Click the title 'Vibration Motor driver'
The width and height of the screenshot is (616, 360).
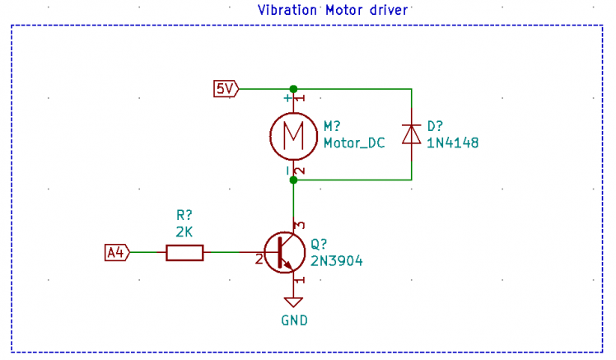click(x=334, y=10)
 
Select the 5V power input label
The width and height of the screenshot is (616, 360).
click(x=226, y=88)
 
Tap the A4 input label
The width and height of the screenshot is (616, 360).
click(x=117, y=252)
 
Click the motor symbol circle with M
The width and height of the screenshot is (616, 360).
click(x=293, y=133)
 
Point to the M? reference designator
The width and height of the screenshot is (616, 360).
click(x=333, y=126)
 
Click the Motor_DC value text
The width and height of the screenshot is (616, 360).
click(x=354, y=143)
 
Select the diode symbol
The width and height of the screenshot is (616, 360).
click(x=411, y=133)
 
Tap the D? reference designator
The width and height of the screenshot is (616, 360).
click(x=435, y=126)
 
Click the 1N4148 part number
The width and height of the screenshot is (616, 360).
click(x=452, y=143)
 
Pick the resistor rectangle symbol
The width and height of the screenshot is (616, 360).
click(x=184, y=252)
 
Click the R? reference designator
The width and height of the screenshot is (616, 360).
click(x=184, y=216)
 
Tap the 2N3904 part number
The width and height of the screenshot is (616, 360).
click(x=336, y=260)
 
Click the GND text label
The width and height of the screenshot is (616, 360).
click(x=294, y=320)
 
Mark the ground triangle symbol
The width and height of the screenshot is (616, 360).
click(x=294, y=302)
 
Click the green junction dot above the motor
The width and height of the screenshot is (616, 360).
click(x=293, y=88)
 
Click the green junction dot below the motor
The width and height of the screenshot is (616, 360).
click(x=293, y=179)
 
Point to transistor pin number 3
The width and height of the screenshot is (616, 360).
click(x=301, y=225)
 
